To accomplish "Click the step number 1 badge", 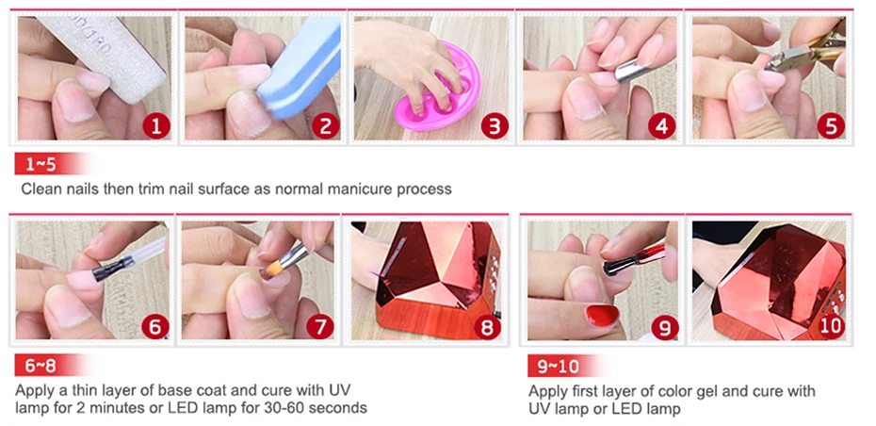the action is coord(155,126).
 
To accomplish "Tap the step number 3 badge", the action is coord(495,126).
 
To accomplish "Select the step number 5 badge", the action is coord(831,126).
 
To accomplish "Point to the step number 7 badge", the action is coord(320,327).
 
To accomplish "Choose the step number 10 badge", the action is coord(830,326).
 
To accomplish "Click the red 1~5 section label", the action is coord(43,164).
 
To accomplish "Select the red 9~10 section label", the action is coord(559,367).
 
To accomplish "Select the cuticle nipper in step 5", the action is coord(804,52).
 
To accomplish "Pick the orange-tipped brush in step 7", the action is coord(287,260).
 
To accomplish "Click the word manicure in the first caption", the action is coord(360,188).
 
